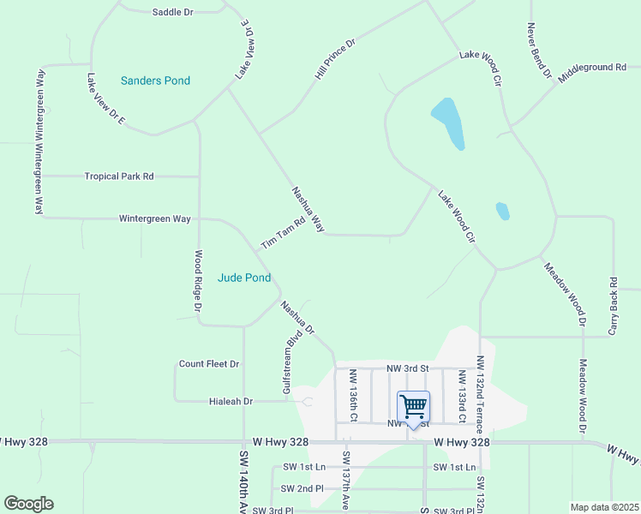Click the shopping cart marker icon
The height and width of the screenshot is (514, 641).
tap(413, 406)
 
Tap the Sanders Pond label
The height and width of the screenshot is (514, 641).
tap(155, 81)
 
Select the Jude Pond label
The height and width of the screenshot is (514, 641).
tap(244, 278)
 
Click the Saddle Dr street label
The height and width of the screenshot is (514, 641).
tap(173, 12)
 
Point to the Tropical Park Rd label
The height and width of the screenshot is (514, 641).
tap(119, 176)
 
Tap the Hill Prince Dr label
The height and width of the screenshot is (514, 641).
tap(335, 60)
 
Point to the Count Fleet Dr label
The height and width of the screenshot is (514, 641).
tap(209, 364)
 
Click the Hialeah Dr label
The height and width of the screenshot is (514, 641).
tap(231, 401)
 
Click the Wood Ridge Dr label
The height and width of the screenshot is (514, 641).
tap(198, 280)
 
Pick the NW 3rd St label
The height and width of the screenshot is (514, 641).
tap(406, 368)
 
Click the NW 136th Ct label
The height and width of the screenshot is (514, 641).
tap(352, 395)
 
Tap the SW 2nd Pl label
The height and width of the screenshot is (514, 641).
tap(302, 488)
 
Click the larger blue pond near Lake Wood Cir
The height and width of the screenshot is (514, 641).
tap(448, 123)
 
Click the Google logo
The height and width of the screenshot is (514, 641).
tap(29, 504)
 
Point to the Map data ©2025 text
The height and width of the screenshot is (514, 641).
tap(603, 507)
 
